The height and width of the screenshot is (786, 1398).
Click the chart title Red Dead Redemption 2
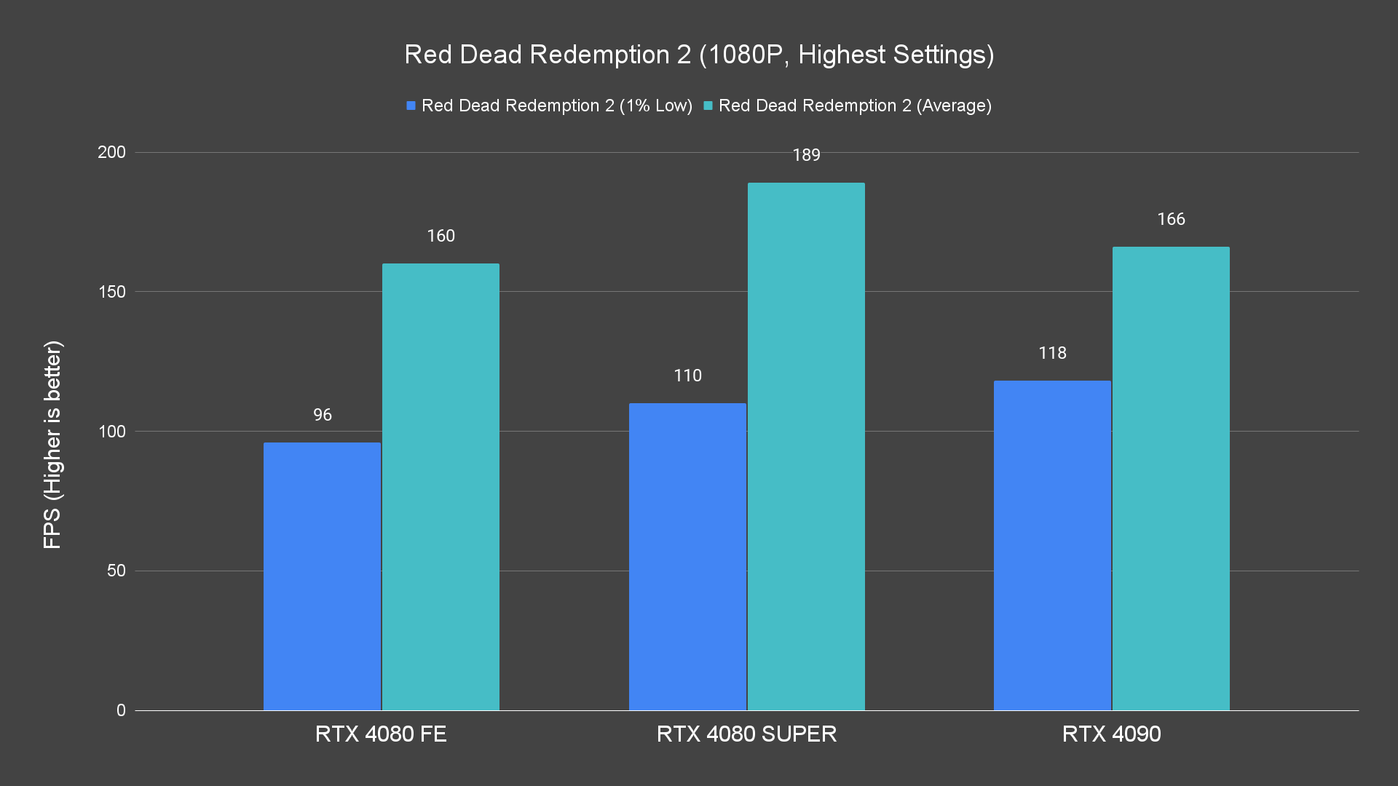pos(699,55)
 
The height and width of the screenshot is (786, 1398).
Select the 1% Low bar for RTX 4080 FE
pos(322,576)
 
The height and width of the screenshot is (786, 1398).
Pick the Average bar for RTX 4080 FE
pos(441,486)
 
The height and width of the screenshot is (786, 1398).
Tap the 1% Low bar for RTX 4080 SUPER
pos(687,556)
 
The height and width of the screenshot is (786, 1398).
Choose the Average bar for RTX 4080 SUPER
pos(806,446)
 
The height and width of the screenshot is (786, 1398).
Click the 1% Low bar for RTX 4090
pos(1052,545)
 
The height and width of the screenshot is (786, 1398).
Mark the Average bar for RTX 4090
pos(1171,478)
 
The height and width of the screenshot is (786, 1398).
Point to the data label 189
pos(806,155)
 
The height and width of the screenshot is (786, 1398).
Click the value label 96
pos(323,415)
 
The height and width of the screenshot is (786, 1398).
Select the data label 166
pos(1171,219)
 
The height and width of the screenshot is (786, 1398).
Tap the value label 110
pos(687,376)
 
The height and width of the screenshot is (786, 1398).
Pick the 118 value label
pos(1052,353)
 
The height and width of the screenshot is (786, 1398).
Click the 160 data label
pos(441,236)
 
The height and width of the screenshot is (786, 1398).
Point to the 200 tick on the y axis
pos(111,152)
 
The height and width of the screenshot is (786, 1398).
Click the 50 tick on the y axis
pos(116,571)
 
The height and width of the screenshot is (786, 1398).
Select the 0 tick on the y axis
pos(121,710)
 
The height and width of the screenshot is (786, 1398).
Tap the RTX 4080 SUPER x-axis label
pos(746,734)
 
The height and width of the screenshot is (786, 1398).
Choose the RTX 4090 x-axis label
pos(1111,734)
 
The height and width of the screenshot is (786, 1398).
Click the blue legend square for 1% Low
pos(411,106)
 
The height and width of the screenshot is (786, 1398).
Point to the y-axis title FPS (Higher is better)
pos(52,444)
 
